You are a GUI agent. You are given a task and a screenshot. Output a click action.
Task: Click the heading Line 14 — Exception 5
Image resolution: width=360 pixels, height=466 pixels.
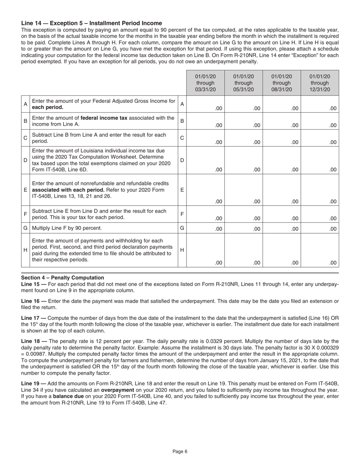pos(91,23)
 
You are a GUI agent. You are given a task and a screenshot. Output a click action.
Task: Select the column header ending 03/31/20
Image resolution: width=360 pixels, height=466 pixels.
pos(205,83)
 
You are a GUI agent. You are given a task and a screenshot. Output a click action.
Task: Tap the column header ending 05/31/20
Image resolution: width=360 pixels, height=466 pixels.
pos(243,83)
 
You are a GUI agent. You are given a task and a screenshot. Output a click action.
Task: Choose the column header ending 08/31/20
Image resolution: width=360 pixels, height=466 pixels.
pos(282,83)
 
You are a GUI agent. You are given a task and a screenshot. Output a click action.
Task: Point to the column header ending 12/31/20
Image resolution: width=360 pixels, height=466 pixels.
pos(320,83)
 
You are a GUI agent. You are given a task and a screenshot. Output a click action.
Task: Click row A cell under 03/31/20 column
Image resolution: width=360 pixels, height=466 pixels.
pos(205,104)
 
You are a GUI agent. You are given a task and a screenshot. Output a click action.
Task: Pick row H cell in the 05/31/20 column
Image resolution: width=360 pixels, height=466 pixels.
pos(243,250)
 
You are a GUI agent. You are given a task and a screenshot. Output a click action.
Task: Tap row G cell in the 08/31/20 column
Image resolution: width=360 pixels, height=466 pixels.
pos(282,228)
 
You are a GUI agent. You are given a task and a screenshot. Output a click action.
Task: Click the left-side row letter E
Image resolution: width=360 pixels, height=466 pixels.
pos(25,189)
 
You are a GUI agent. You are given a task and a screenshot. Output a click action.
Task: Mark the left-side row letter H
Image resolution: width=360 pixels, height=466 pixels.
pos(25,250)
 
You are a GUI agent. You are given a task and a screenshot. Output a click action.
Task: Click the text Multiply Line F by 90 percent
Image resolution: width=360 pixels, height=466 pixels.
pos(67,228)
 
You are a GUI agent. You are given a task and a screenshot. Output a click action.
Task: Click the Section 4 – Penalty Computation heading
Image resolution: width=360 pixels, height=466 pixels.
pos(63,278)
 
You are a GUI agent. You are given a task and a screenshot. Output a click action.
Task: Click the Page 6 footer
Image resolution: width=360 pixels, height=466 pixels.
pos(180,451)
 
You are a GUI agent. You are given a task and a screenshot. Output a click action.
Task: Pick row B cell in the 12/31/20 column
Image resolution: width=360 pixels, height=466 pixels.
pos(320,121)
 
